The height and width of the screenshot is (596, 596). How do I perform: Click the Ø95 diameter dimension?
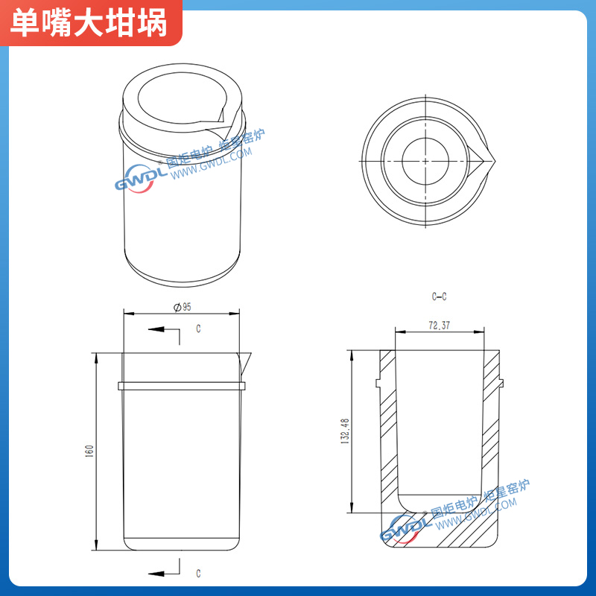click(183, 307)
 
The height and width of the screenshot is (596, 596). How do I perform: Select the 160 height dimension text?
click(89, 451)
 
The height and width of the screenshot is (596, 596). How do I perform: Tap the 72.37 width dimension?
click(440, 326)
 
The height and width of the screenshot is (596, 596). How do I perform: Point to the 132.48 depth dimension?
click(345, 431)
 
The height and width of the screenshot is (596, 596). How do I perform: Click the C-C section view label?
click(439, 297)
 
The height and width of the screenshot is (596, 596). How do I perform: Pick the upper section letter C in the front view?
click(198, 328)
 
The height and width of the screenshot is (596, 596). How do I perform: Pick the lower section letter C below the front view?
click(198, 573)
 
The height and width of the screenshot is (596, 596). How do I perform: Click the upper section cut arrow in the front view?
click(158, 329)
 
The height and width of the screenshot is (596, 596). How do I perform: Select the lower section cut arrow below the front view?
click(158, 572)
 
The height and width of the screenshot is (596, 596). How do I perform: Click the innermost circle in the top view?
click(425, 160)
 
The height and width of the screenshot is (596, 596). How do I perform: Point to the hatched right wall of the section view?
click(491, 432)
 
